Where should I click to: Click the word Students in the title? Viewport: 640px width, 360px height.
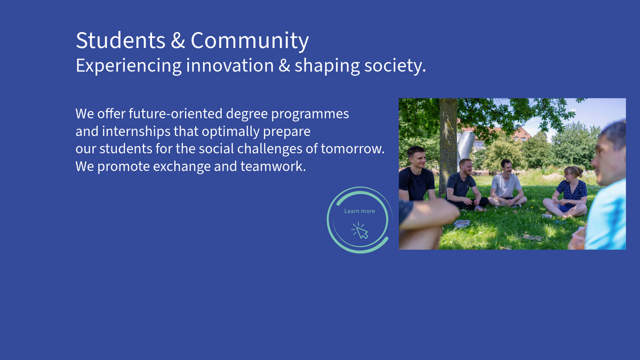point(121,41)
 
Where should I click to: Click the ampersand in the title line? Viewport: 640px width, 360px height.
point(178,41)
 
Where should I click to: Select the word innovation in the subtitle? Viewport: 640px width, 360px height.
point(230,66)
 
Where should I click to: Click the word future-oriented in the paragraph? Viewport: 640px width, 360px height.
point(175,114)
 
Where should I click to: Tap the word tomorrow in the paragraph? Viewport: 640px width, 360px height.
point(353,149)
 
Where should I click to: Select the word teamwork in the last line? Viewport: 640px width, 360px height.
point(273,166)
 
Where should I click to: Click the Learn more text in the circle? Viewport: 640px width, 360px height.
point(359,211)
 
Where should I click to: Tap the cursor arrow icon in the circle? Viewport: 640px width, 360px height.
point(360,230)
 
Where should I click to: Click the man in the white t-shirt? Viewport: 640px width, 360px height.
point(507,183)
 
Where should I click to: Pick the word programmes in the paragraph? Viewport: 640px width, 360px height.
point(310,114)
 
